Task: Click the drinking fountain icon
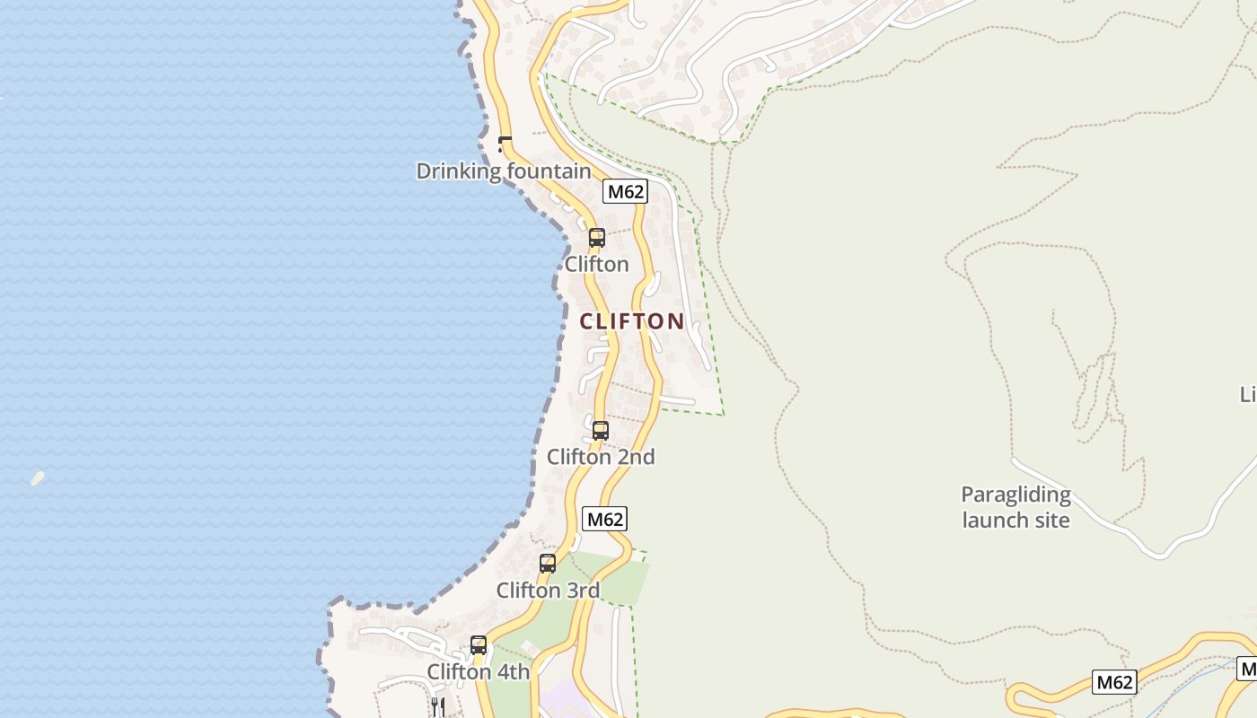[x=505, y=144]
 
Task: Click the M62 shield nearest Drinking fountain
[x=625, y=191]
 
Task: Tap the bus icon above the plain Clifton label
[x=596, y=238]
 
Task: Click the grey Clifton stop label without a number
[x=596, y=264]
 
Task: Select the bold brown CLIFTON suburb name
[x=632, y=320]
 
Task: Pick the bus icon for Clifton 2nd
[x=600, y=431]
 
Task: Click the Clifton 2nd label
[x=601, y=457]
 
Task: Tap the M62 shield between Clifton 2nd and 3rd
[x=604, y=519]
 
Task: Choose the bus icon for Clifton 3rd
[x=547, y=564]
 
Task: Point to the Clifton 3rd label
[x=548, y=591]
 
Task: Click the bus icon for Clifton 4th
[x=479, y=645]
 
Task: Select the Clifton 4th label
[x=479, y=671]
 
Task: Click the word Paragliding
[x=1015, y=495]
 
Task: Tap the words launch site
[x=1015, y=520]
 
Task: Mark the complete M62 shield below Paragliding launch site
[x=1114, y=682]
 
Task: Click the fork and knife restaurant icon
[x=437, y=706]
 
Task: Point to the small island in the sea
[x=37, y=478]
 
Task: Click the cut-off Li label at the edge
[x=1247, y=394]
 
